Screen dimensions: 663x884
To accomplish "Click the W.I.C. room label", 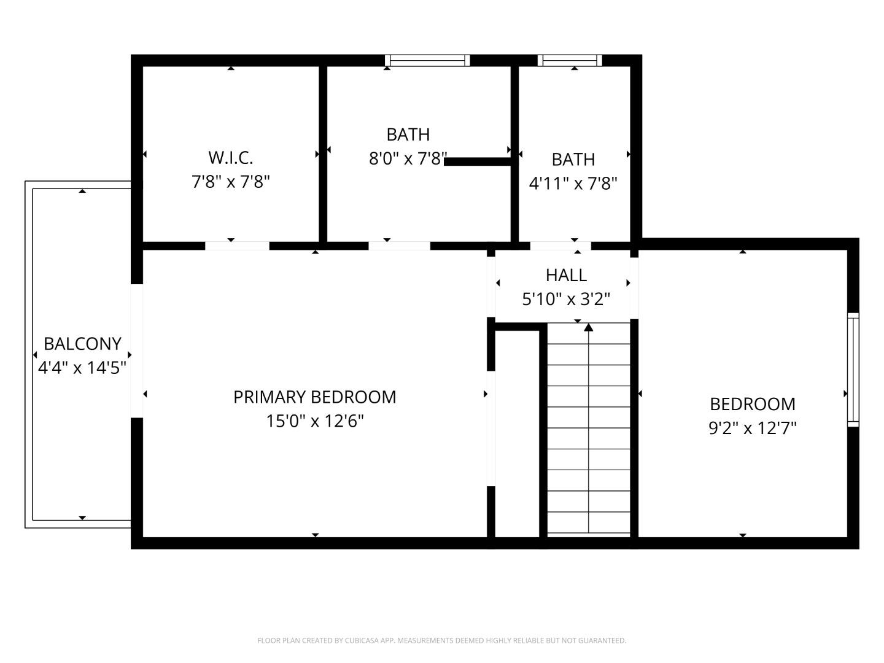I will pyautogui.click(x=231, y=158).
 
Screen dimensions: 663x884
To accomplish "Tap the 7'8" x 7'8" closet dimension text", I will pyautogui.click(x=231, y=182).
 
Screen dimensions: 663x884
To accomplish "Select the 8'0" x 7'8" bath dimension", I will pyautogui.click(x=408, y=159).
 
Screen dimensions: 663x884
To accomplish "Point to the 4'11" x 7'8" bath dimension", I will pyautogui.click(x=573, y=184).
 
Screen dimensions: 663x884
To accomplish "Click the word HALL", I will pyautogui.click(x=566, y=275).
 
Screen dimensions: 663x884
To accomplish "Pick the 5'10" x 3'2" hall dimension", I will pyautogui.click(x=566, y=299).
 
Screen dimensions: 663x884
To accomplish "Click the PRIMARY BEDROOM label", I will pyautogui.click(x=314, y=397).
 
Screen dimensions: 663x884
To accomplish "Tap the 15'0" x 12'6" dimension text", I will pyautogui.click(x=314, y=421).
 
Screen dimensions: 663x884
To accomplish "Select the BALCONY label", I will pyautogui.click(x=82, y=344).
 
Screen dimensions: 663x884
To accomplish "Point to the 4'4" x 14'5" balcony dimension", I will pyautogui.click(x=82, y=368).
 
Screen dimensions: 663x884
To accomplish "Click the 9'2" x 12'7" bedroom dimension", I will pyautogui.click(x=753, y=428).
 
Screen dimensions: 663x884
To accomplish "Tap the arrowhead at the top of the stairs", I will pyautogui.click(x=589, y=327).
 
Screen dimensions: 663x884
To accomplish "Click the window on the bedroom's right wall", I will pyautogui.click(x=853, y=370).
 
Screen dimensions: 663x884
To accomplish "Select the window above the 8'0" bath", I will pyautogui.click(x=427, y=60).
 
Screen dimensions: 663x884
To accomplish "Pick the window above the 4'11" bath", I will pyautogui.click(x=570, y=60).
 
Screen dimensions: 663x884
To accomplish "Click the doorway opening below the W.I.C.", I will pyautogui.click(x=237, y=246).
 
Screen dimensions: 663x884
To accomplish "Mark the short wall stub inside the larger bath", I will pyautogui.click(x=478, y=161).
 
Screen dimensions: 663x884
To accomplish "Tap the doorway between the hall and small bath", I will pyautogui.click(x=560, y=246).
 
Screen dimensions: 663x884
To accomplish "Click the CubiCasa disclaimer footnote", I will pyautogui.click(x=441, y=640).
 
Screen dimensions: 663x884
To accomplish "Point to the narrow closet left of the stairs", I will pyautogui.click(x=518, y=433).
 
